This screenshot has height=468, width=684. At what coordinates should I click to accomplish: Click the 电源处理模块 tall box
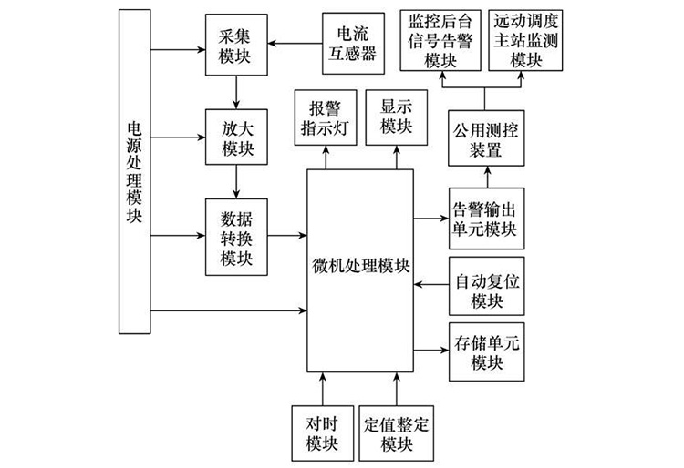134,170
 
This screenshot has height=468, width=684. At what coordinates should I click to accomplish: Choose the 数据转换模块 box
235,238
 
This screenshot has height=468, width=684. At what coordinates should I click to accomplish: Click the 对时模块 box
323,432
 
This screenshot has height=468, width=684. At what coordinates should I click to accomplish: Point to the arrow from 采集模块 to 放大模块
235,91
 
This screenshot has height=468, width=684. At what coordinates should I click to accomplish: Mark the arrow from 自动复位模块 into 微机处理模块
430,288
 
